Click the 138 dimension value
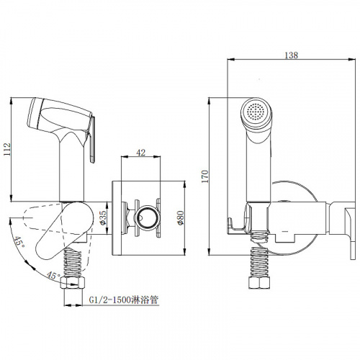pyautogui.click(x=291, y=55)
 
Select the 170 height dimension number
pyautogui.click(x=204, y=176)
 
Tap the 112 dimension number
pyautogui.click(x=7, y=149)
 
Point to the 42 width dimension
pyautogui.click(x=140, y=153)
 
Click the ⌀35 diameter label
pyautogui.click(x=103, y=217)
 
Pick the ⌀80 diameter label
pyautogui.click(x=180, y=217)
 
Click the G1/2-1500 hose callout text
pyautogui.click(x=124, y=300)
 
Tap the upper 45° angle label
pyautogui.click(x=19, y=243)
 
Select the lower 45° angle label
pyautogui.click(x=53, y=275)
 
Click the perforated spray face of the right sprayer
pyautogui.click(x=255, y=112)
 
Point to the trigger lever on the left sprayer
pyautogui.click(x=92, y=139)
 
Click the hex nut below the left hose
pyautogui.click(x=73, y=283)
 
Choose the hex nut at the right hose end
pyautogui.click(x=259, y=283)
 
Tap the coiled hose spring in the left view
pyautogui.click(x=72, y=263)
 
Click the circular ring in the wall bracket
pyautogui.click(x=146, y=217)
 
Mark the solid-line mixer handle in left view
pyautogui.click(x=64, y=231)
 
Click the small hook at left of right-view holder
pyautogui.click(x=232, y=225)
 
